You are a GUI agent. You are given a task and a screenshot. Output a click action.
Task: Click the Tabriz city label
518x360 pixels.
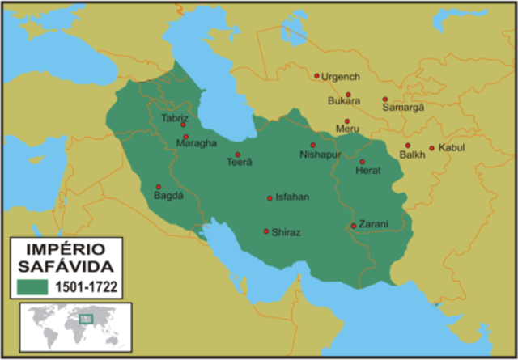(175, 117)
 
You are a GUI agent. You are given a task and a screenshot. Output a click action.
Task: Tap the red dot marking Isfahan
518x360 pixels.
(270, 198)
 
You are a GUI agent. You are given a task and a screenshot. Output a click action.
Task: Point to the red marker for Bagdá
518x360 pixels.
(158, 187)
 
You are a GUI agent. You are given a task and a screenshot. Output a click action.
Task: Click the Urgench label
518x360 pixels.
(341, 77)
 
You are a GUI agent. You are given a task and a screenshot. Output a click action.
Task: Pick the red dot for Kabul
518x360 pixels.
(431, 148)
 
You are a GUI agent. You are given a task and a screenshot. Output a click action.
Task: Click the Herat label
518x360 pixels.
(367, 171)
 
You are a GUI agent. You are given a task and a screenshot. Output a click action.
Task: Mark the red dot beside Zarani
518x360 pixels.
(354, 226)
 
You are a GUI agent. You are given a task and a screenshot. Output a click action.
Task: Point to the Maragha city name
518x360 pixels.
(196, 143)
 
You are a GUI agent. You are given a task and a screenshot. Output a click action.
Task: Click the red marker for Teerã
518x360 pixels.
(238, 155)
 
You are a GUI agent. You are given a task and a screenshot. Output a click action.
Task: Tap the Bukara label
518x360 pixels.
(343, 101)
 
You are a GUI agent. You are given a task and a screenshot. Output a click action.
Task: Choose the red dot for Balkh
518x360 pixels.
(408, 146)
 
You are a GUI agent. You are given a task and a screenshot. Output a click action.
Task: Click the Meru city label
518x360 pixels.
(347, 129)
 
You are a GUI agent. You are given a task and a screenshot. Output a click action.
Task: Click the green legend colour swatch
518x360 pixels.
(32, 286)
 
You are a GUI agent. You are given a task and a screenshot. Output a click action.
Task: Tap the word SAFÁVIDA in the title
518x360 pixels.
(66, 265)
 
